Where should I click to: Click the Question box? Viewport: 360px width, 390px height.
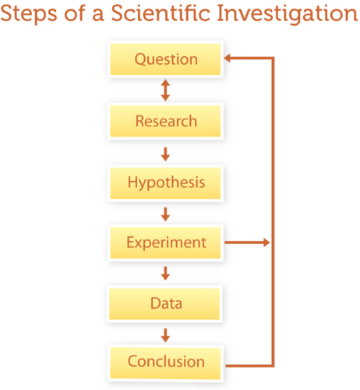[165, 59]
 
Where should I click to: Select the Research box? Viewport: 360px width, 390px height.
[165, 121]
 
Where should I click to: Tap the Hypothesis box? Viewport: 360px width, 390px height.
[165, 183]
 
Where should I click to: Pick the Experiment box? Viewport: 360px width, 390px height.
[165, 243]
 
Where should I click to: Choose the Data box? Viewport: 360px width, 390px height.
[164, 303]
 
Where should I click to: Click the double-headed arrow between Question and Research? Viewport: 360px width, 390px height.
[165, 90]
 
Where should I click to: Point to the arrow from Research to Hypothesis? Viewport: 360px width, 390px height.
[165, 154]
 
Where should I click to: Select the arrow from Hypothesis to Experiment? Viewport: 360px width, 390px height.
[165, 214]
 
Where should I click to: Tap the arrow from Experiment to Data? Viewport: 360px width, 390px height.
[165, 273]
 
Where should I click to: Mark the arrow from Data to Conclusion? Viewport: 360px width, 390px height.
[165, 335]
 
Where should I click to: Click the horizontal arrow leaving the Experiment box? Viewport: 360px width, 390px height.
[247, 243]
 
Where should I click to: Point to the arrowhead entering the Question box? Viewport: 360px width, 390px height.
[228, 58]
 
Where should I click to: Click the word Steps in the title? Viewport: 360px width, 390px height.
[29, 14]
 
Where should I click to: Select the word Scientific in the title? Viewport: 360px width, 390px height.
[161, 12]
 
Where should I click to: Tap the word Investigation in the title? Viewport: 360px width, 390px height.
[288, 14]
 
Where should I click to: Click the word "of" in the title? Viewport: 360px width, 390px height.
[75, 12]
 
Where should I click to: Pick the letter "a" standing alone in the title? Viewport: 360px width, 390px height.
[98, 15]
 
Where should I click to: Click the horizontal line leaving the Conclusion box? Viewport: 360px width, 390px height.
[249, 366]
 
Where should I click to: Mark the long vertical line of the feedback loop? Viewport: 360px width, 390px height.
[273, 212]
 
